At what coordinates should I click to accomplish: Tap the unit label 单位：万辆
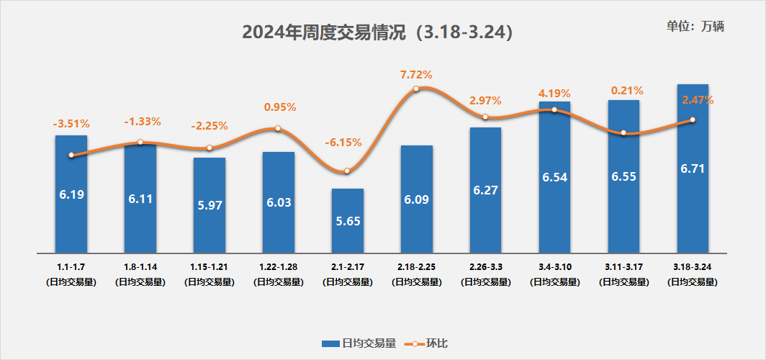coord(695,26)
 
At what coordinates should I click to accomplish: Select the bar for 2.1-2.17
coord(347,220)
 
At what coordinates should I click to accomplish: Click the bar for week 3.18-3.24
coord(693,168)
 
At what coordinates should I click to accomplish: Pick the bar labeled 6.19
coord(71,194)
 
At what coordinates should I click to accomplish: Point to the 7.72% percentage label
coord(416,74)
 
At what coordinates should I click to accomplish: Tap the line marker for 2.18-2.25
coord(416,89)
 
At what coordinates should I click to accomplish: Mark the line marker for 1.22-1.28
coord(278,129)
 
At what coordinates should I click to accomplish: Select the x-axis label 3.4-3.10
coord(554,267)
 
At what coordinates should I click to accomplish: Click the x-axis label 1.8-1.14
coord(140,267)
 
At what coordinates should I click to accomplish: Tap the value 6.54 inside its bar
coord(554,176)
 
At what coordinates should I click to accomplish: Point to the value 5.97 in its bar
coord(209,205)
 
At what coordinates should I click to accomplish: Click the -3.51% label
coord(71,124)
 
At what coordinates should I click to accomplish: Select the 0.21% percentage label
coord(623,91)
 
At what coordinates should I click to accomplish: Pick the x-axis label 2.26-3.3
coord(485,267)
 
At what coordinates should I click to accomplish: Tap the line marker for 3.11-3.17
coord(623,133)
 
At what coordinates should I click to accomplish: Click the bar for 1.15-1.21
coord(209,205)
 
